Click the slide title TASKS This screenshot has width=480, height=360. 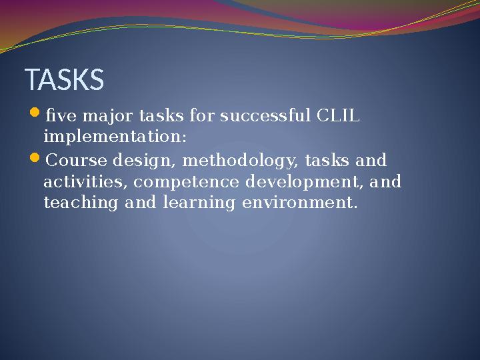65,80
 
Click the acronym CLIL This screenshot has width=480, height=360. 338,116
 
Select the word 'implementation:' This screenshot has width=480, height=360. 115,137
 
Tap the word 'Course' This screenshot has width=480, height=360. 78,161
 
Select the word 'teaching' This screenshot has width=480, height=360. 80,203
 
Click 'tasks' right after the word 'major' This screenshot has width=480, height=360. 161,116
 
